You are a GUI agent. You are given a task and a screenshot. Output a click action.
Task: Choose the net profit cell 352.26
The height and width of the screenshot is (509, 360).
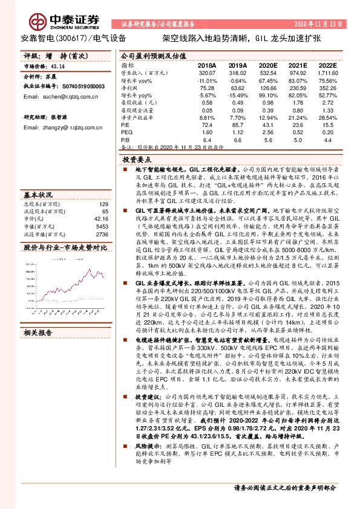pyautogui.click(x=329, y=87)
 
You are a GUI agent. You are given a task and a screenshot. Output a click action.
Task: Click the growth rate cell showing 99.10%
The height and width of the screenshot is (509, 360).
pyautogui.click(x=268, y=95)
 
